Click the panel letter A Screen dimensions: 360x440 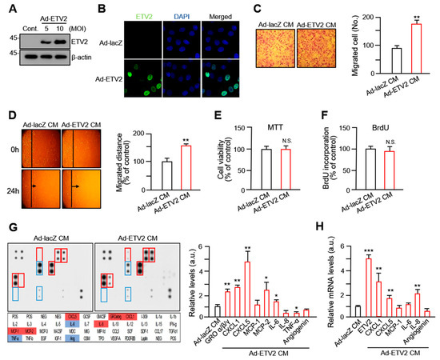coord(7,10)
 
